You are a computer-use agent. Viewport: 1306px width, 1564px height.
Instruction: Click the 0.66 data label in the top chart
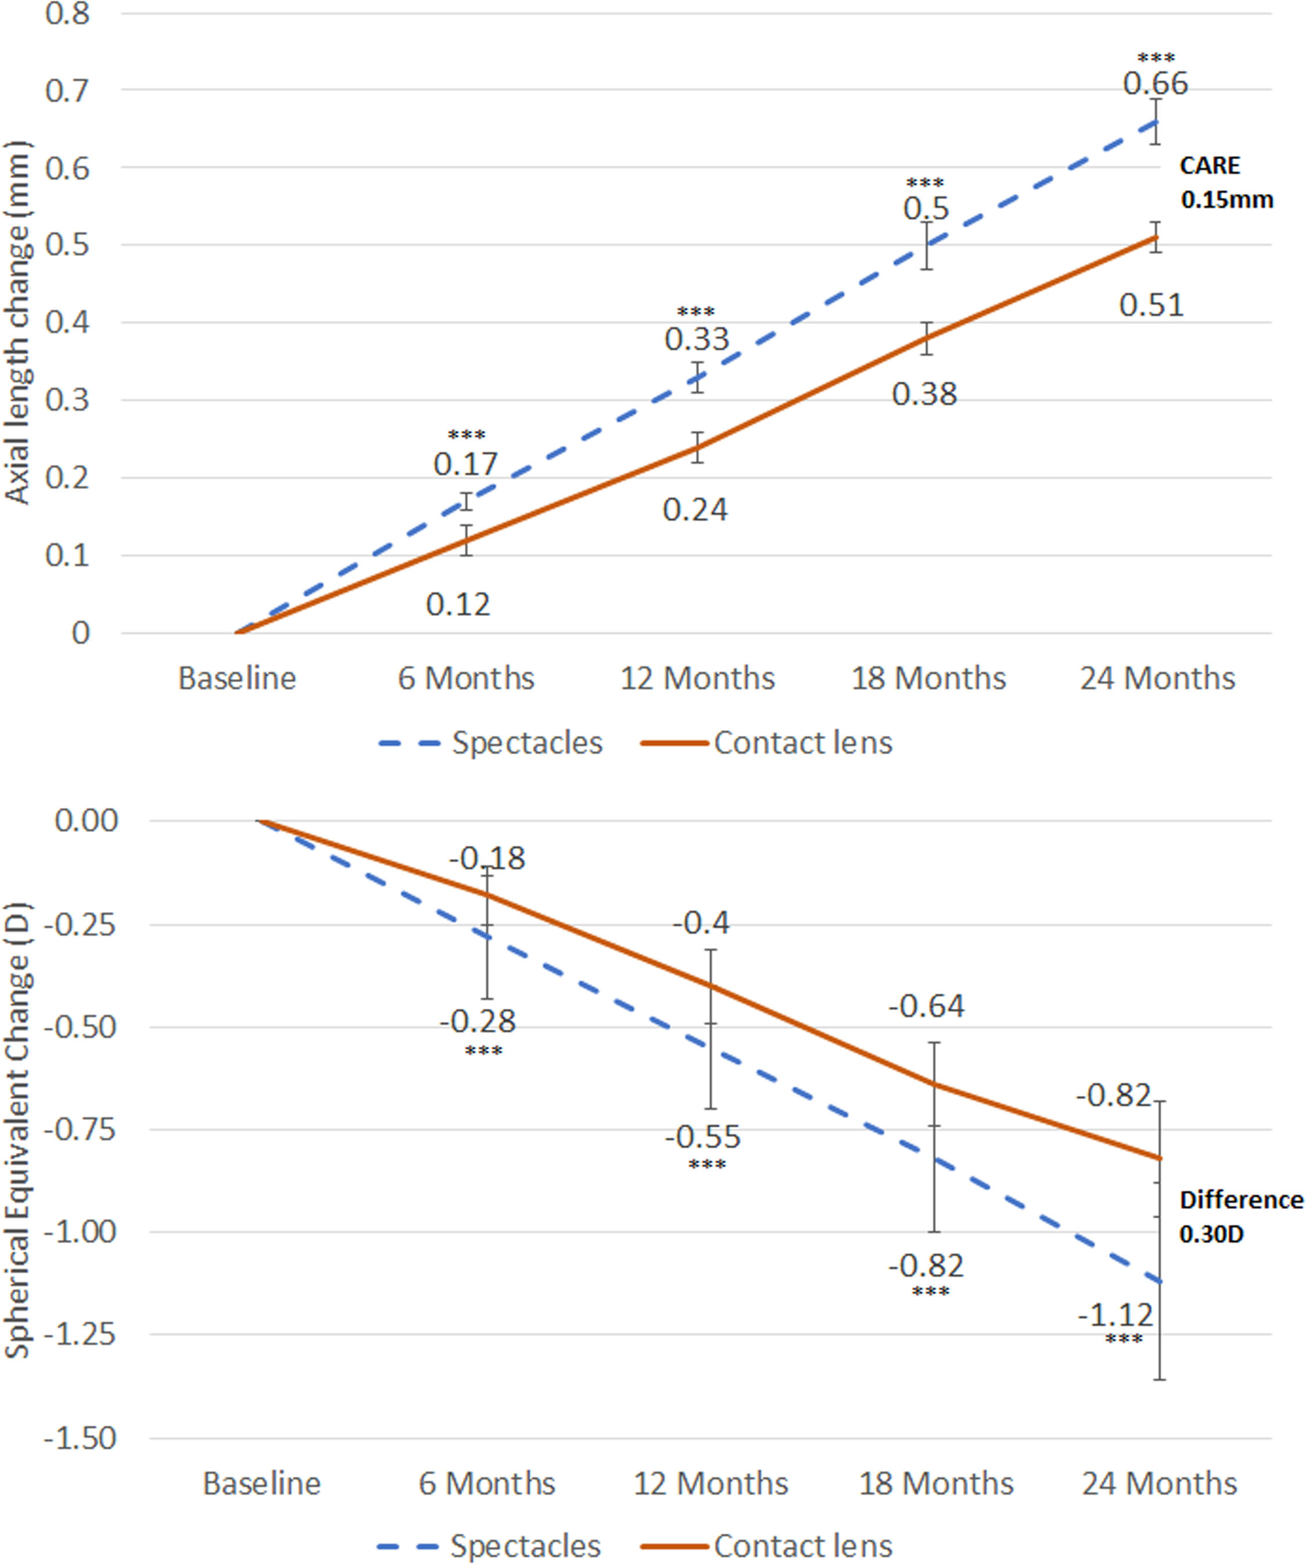click(1156, 84)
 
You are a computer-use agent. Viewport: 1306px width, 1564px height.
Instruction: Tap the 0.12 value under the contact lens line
click(458, 604)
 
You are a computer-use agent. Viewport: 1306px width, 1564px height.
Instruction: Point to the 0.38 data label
click(925, 394)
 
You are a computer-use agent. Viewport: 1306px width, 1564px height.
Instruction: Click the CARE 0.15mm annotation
click(1226, 182)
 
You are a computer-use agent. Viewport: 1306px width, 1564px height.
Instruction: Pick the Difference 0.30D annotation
click(1241, 1217)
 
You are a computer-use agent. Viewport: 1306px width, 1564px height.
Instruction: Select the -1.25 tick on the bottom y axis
click(80, 1334)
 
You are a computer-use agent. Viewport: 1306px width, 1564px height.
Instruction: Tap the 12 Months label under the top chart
click(698, 678)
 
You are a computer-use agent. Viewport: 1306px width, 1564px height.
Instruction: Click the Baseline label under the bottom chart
click(262, 1484)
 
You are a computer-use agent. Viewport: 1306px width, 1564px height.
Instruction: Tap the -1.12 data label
click(1115, 1315)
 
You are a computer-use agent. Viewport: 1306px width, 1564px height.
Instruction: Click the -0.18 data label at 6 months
click(487, 858)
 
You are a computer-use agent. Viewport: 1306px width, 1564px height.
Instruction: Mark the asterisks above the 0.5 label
click(925, 183)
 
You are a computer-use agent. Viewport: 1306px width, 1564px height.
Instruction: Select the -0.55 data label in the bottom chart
click(703, 1137)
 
